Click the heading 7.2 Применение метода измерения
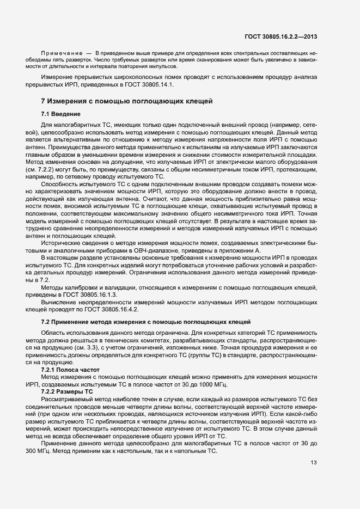point(145,322)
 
